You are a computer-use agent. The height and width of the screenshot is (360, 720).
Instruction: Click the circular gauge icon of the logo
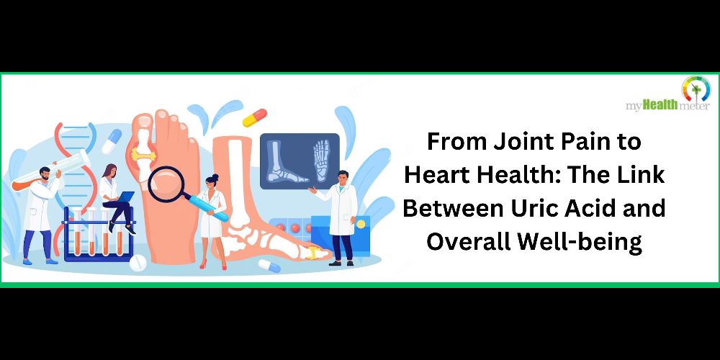[696, 89]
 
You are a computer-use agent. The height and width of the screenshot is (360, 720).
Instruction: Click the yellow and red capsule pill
[254, 118]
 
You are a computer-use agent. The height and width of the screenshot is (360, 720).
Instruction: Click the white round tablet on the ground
[138, 263]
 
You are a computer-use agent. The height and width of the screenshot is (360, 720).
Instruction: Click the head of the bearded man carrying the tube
[45, 174]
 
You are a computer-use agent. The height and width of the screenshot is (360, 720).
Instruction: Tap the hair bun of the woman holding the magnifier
[215, 177]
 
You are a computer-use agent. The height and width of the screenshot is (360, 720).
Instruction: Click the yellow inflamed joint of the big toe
[144, 154]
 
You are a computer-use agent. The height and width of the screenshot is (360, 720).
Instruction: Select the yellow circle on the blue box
[361, 224]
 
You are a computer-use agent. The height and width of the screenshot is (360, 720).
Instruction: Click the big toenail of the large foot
[145, 121]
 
